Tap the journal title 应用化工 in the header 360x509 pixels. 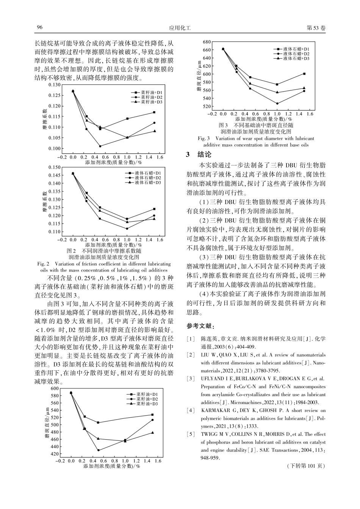[x=180, y=28]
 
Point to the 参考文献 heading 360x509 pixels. [x=200, y=326]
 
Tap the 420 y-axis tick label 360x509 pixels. [x=55, y=454]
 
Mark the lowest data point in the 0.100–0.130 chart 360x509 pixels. [x=100, y=146]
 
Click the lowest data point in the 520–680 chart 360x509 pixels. [x=277, y=103]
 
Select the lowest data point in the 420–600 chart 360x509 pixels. [x=99, y=450]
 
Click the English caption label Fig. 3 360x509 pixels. [x=203, y=139]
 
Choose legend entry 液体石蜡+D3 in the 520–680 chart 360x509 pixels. [x=296, y=59]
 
